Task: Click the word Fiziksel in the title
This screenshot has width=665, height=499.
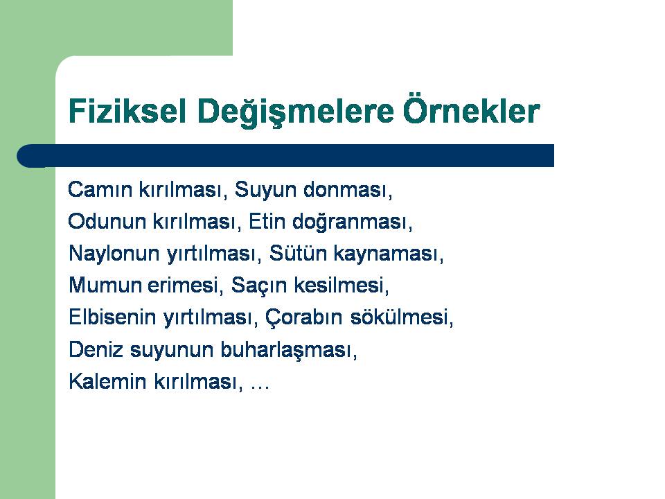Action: (x=127, y=111)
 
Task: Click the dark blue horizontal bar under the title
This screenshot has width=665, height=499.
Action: (x=285, y=156)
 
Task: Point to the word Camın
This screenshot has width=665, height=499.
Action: (x=100, y=189)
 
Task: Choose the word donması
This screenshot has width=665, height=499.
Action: (x=348, y=189)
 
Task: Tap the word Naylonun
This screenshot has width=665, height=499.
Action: (x=114, y=254)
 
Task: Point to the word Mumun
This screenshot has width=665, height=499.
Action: (x=105, y=285)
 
